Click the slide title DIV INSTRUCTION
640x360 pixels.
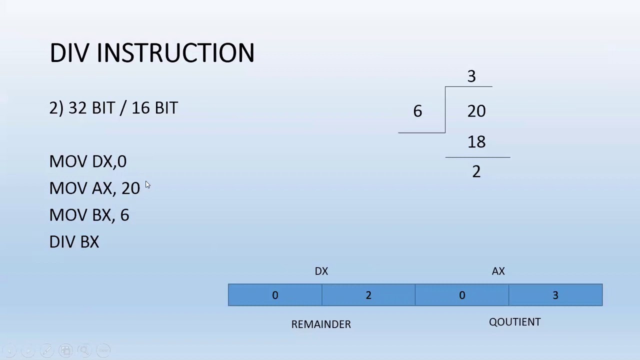152,53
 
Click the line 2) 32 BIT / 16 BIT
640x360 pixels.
113,108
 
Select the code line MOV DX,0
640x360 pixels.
88,161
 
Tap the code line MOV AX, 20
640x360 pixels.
94,188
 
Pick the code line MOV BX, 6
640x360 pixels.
89,215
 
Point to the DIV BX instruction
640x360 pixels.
74,242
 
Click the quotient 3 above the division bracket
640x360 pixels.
471,76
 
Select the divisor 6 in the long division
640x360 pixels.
417,111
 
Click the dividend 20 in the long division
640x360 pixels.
476,111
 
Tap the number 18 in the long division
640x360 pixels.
476,142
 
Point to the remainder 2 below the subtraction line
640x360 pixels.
476,172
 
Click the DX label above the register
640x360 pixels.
321,271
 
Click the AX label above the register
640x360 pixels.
498,271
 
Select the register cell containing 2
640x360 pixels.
368,295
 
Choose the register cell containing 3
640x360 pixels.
555,295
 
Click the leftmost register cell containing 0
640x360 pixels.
275,295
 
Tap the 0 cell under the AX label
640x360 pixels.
462,295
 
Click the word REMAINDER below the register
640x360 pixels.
321,324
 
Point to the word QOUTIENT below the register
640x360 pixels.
514,322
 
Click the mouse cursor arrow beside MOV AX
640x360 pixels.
147,185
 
